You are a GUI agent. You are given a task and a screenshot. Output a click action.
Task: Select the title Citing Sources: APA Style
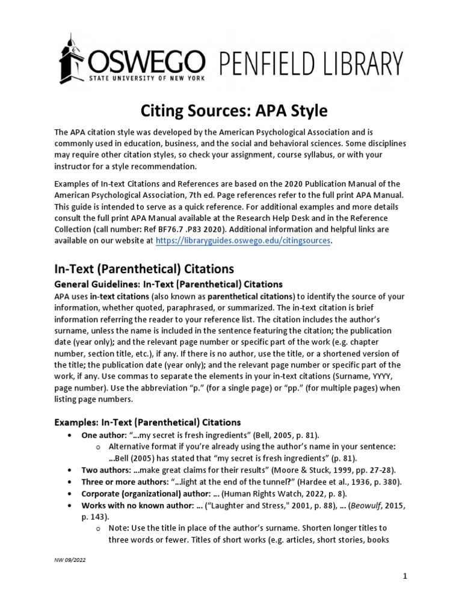click(234, 111)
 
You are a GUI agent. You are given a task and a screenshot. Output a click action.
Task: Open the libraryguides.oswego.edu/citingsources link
click(243, 241)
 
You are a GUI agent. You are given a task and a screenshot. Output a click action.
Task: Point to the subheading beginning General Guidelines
click(168, 284)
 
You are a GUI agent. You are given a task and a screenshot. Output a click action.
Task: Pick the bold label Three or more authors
click(122, 482)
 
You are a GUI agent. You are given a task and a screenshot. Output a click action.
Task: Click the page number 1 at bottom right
click(405, 577)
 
